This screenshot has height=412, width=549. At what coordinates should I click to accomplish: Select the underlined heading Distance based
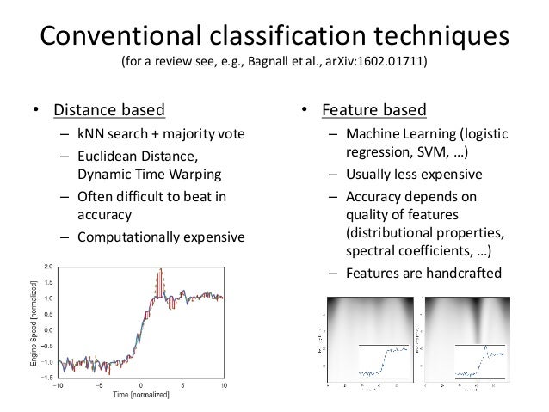pyautogui.click(x=109, y=110)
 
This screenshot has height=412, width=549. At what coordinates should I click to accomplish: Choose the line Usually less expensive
pyautogui.click(x=413, y=175)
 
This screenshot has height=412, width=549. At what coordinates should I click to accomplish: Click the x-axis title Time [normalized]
pyautogui.click(x=140, y=395)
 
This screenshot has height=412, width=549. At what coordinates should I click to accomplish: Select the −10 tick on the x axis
pyautogui.click(x=58, y=385)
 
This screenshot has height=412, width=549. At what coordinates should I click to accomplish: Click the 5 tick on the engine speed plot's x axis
pyautogui.click(x=182, y=385)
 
